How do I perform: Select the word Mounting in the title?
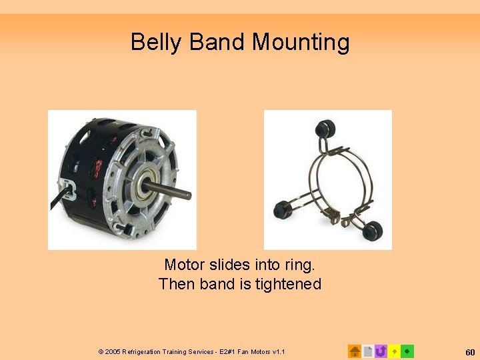(300, 43)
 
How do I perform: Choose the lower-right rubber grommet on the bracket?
(372, 229)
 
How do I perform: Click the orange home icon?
(355, 351)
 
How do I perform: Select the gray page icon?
(368, 351)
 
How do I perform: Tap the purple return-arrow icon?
(381, 351)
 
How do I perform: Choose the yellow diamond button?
(394, 351)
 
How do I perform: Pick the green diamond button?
(407, 351)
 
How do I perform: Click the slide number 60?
(470, 351)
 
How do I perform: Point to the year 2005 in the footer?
(112, 351)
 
